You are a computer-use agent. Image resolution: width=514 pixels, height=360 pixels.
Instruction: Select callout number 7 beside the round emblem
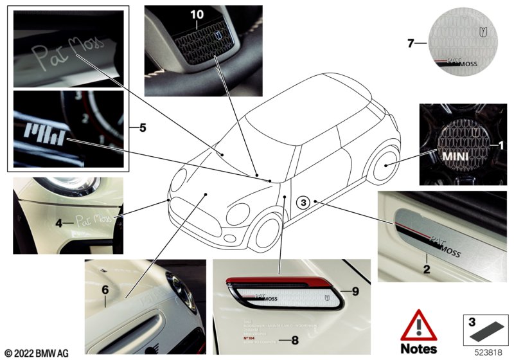point(409,43)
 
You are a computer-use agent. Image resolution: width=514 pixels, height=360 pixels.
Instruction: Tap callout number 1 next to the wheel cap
point(502,146)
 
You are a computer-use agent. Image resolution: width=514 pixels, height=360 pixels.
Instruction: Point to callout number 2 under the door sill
point(425,270)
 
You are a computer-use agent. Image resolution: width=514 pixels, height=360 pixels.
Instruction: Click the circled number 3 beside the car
point(304,203)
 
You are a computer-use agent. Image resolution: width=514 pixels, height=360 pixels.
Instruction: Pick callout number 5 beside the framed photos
point(142,128)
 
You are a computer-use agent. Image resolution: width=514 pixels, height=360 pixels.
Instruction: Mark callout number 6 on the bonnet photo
point(105,291)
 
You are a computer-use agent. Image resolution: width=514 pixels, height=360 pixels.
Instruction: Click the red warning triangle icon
point(418,327)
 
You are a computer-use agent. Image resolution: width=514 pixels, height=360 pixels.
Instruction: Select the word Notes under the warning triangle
point(418,349)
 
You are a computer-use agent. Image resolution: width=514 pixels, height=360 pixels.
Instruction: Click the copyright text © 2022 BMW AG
point(36,353)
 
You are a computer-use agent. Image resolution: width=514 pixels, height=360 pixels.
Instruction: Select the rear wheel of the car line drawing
point(387,165)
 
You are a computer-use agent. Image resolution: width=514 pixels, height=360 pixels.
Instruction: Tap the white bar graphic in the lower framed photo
point(46,136)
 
